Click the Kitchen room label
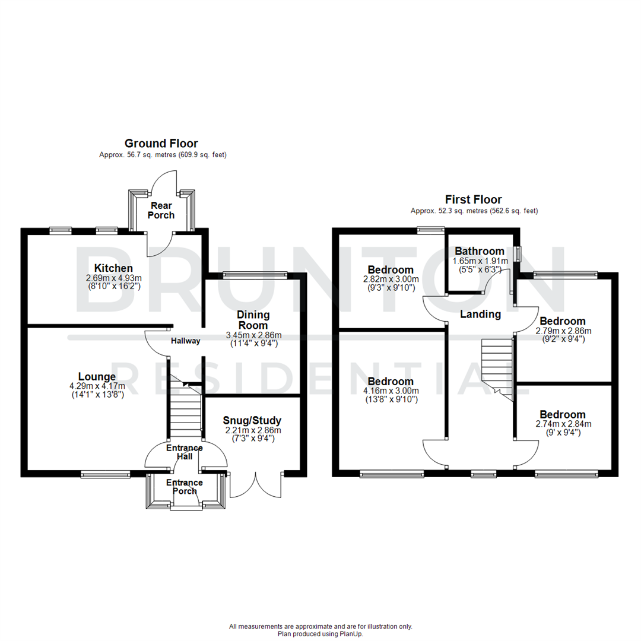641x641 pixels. click(112, 268)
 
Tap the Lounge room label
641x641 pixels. click(97, 376)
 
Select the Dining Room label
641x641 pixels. click(253, 320)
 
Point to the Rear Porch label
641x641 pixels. click(162, 210)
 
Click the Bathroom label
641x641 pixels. click(480, 251)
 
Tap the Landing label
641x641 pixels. click(481, 314)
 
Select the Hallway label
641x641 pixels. click(186, 341)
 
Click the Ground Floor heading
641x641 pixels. click(161, 143)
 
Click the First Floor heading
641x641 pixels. click(474, 199)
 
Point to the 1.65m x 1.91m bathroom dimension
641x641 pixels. click(480, 261)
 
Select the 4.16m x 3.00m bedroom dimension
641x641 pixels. click(390, 391)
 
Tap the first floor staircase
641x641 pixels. click(496, 368)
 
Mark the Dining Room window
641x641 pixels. click(255, 274)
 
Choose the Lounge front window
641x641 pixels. click(105, 474)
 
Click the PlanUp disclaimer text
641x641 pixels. click(320, 630)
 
